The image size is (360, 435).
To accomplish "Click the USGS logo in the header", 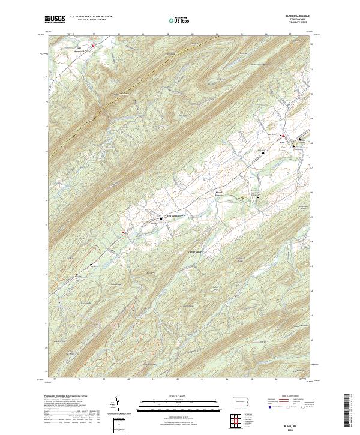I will (x=55, y=20).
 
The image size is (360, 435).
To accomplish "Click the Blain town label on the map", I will (x=282, y=143).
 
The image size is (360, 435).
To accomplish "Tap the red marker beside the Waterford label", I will (x=94, y=46).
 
